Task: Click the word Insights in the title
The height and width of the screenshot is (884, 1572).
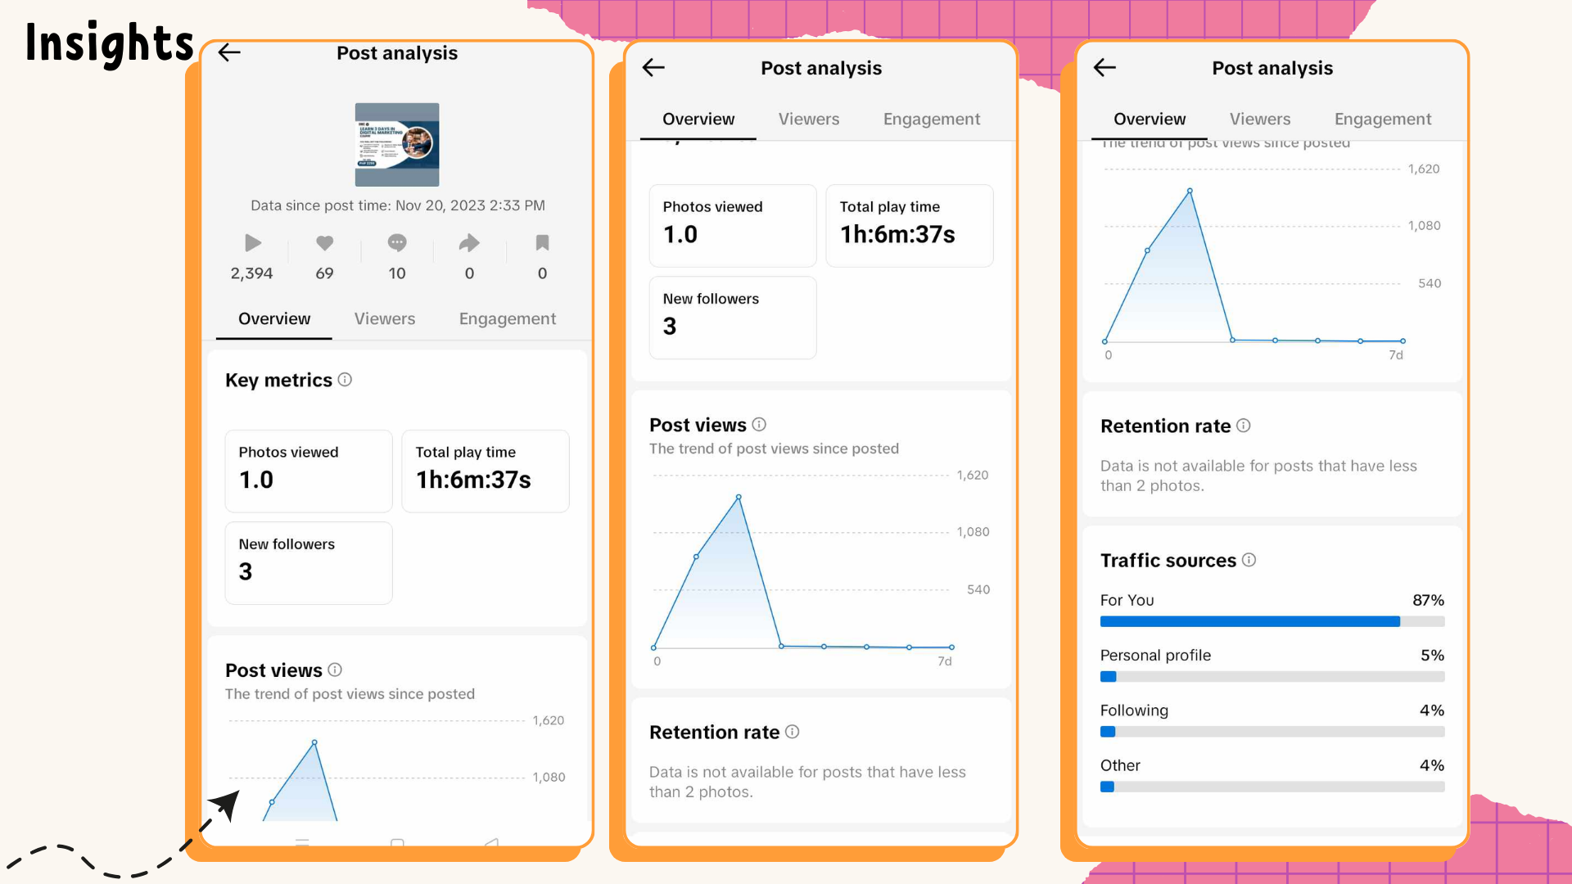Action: click(x=109, y=43)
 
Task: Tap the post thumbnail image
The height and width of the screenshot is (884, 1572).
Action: click(x=397, y=145)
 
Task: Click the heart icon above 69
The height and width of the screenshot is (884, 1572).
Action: click(x=324, y=243)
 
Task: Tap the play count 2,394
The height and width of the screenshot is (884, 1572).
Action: click(x=251, y=273)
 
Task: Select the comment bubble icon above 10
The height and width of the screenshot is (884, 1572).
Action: click(x=397, y=243)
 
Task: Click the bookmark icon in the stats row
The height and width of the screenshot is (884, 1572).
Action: click(x=542, y=243)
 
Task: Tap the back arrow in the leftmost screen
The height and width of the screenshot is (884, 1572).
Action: click(x=229, y=53)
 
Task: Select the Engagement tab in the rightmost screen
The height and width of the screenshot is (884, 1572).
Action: click(x=1382, y=120)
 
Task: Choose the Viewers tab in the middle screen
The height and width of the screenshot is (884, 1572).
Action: click(x=808, y=120)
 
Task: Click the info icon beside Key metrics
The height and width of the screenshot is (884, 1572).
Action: click(x=345, y=380)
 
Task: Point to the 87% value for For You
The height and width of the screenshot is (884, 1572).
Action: click(x=1428, y=600)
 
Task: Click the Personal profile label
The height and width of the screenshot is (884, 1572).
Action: click(x=1155, y=656)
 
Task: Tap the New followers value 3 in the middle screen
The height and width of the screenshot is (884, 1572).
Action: click(x=670, y=327)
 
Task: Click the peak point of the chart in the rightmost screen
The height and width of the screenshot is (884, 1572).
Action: click(x=1190, y=192)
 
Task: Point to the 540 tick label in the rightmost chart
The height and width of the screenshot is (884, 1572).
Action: click(x=1429, y=283)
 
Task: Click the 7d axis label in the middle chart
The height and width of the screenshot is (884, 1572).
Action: click(x=944, y=661)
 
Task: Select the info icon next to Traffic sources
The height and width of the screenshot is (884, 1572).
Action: click(x=1249, y=560)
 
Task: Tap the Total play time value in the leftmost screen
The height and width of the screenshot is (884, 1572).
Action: click(x=473, y=480)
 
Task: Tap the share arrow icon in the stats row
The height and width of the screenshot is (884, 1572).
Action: click(x=469, y=243)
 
